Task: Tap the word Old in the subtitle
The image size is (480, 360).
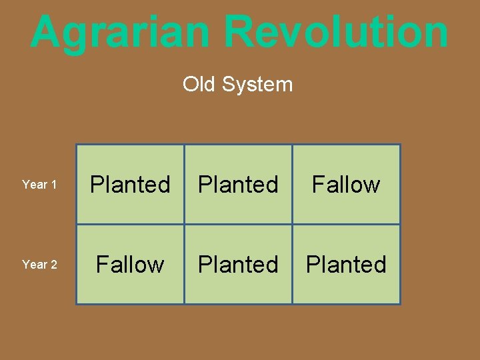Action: click(199, 85)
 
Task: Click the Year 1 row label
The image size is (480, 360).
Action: click(39, 185)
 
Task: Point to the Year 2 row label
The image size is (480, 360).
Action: click(39, 265)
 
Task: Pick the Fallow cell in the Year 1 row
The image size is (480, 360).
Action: click(346, 185)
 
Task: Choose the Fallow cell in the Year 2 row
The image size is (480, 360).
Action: click(130, 265)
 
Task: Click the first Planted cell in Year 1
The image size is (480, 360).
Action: click(130, 185)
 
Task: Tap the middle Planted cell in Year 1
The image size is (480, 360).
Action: click(238, 185)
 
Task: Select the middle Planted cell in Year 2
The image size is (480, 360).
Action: click(238, 265)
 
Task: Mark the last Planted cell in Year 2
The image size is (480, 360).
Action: click(346, 265)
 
